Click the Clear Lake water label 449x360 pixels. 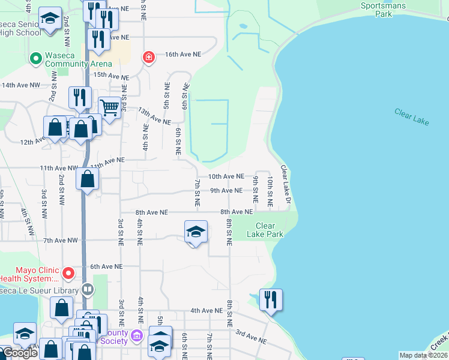412,116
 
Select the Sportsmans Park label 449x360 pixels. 383,10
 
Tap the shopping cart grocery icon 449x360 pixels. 109,109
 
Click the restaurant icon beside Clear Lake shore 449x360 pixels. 271,299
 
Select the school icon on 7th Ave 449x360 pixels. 196,232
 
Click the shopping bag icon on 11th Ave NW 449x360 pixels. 88,179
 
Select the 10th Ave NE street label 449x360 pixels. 226,177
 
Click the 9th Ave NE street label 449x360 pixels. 226,191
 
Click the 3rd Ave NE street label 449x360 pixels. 250,337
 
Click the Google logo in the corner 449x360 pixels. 20,353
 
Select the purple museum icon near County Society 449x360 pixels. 137,335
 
